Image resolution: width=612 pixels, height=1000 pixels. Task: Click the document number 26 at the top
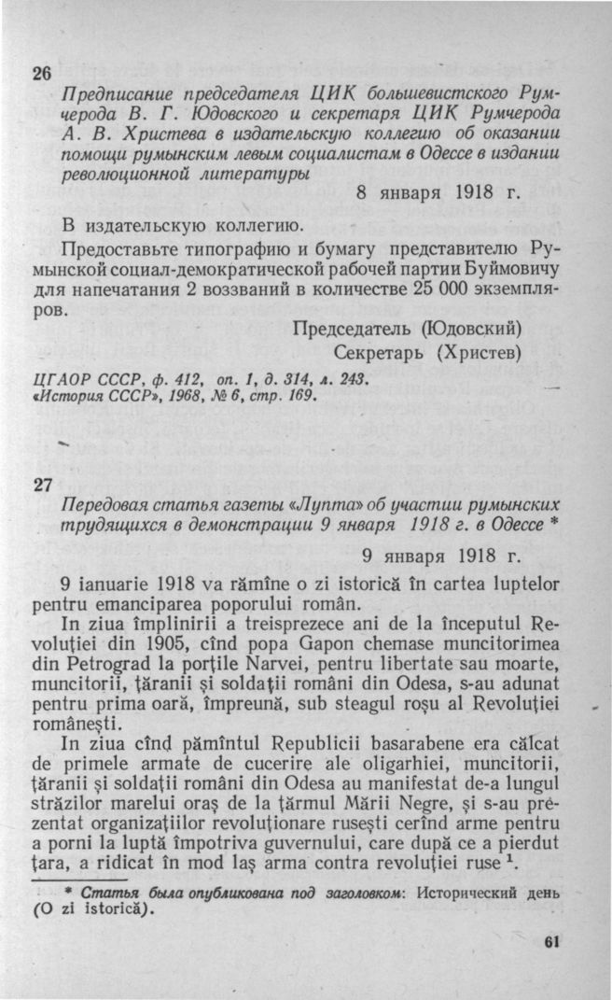(43, 76)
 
